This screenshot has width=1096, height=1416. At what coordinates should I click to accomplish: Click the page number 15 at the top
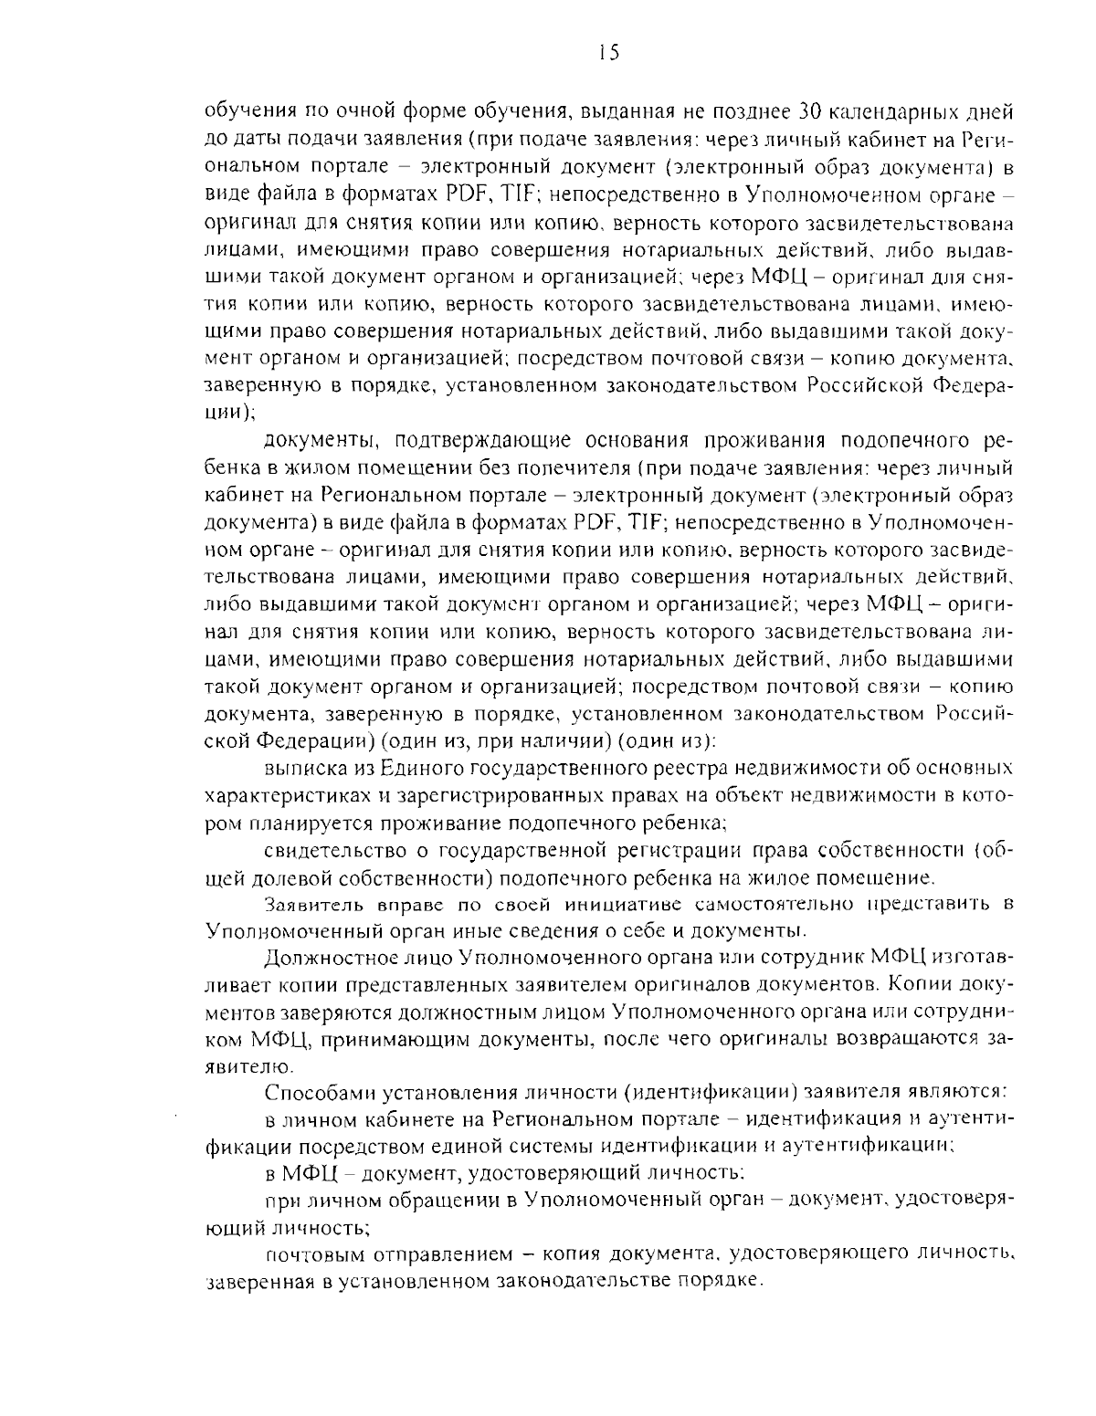pyautogui.click(x=604, y=54)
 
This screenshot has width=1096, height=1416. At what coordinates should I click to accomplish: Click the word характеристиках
pyautogui.click(x=289, y=795)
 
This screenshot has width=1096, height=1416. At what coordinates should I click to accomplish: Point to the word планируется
pyautogui.click(x=307, y=823)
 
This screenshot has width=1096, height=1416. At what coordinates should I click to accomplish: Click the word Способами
pyautogui.click(x=319, y=1092)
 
